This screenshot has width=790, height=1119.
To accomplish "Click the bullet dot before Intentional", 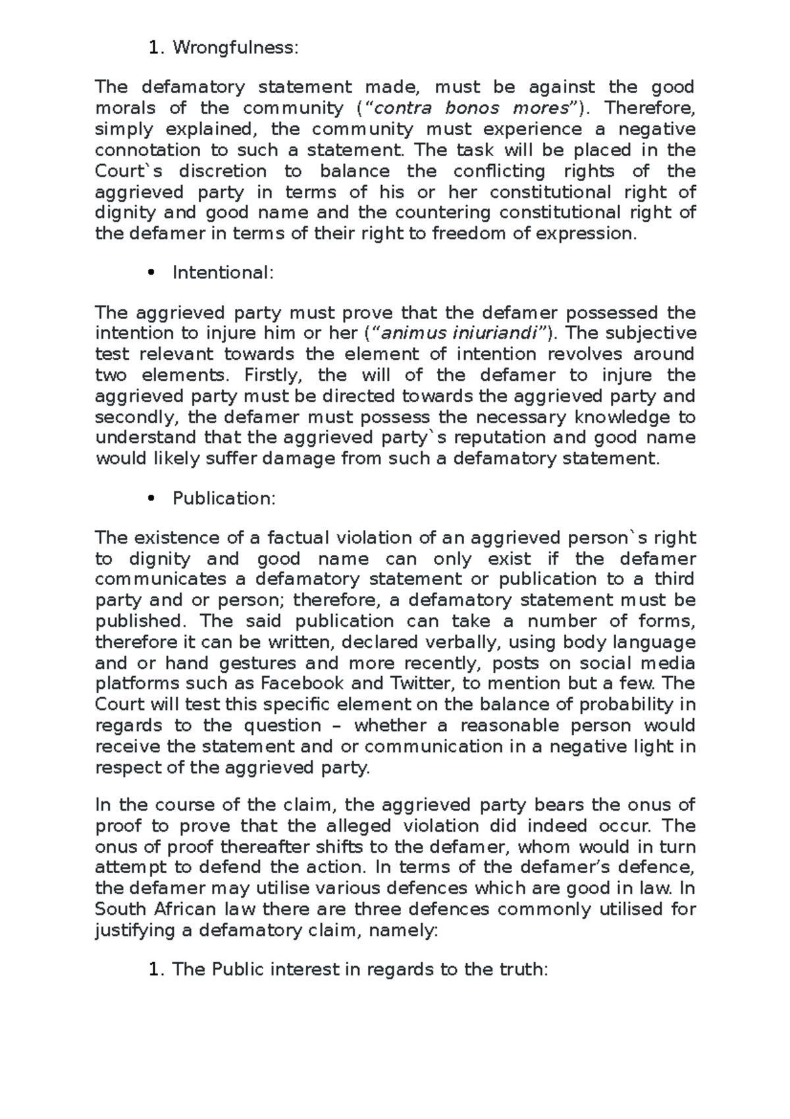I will point(151,273).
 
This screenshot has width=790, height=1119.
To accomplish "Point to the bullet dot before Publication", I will point(151,499).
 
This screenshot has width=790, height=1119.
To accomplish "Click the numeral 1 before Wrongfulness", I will point(154,47).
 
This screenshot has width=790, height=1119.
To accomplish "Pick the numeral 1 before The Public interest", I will point(154,969).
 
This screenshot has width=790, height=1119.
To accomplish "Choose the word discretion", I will point(223,171).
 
